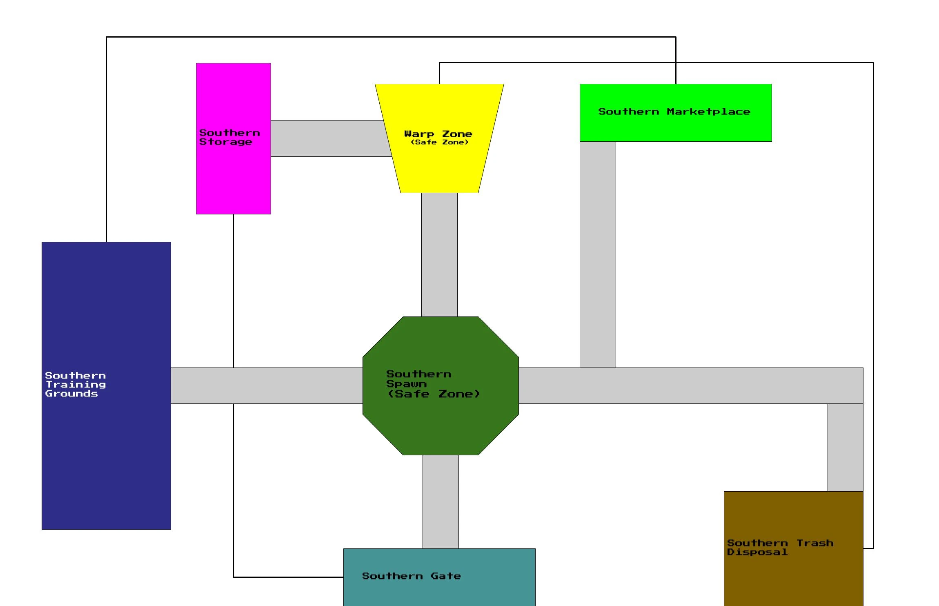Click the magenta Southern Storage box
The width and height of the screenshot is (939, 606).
pos(233,180)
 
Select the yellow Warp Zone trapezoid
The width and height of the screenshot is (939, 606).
pos(439,167)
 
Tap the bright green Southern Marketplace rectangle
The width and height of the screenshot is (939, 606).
pos(676,127)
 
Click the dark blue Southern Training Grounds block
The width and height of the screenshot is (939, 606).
pos(106,449)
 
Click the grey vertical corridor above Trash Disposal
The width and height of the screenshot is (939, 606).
pos(845,447)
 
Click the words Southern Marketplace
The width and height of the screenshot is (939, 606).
pos(674,111)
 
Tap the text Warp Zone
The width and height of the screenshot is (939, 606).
pos(438,134)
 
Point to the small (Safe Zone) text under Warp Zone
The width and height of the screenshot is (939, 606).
pos(439,142)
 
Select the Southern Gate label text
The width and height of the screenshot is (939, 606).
pos(411,576)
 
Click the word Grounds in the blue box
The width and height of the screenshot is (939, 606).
pos(71,394)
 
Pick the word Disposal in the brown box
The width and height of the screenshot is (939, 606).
pos(757,552)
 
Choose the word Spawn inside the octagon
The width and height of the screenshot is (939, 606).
pos(406,384)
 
